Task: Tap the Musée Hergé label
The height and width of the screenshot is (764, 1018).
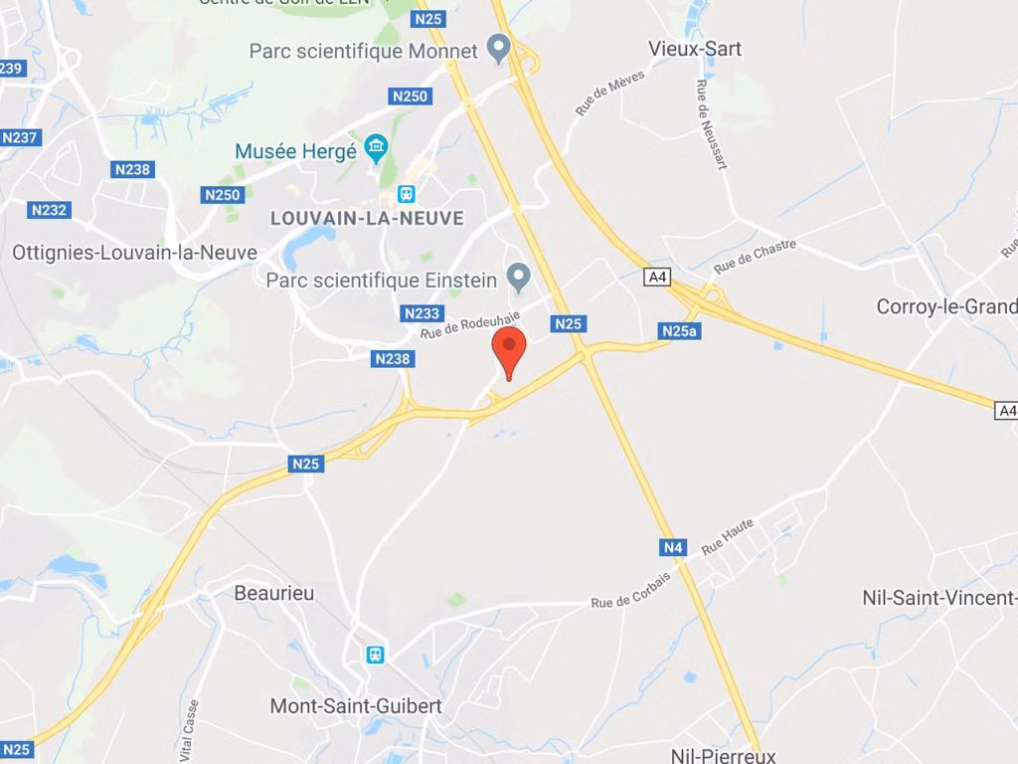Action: [x=295, y=151]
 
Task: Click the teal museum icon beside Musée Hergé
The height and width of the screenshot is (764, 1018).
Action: [x=376, y=150]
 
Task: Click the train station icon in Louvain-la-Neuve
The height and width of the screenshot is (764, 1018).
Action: [x=406, y=193]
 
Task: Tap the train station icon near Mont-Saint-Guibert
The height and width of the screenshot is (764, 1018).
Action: [x=376, y=654]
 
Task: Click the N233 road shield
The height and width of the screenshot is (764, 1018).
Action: [x=422, y=313]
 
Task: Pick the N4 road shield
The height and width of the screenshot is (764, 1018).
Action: [x=673, y=547]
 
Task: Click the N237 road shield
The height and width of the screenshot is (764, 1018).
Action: [x=21, y=137]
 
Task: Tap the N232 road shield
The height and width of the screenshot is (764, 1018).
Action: [x=49, y=210]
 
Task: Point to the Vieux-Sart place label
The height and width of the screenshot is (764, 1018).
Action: [x=695, y=49]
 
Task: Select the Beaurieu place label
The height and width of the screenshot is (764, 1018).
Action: [x=274, y=593]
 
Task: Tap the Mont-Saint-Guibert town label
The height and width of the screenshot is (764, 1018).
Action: [x=356, y=706]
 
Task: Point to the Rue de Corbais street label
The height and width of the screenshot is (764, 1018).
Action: [x=630, y=591]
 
